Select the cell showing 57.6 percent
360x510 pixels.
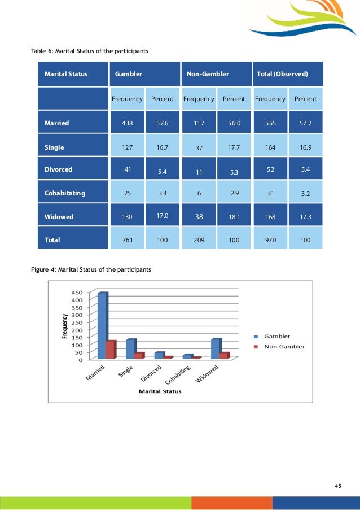point(162,122)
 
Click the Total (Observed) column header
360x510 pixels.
point(282,73)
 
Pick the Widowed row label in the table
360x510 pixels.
point(59,217)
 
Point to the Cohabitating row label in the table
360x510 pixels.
point(65,193)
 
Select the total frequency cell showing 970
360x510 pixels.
point(270,240)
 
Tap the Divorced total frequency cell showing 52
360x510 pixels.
point(270,169)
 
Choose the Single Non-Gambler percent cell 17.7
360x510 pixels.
point(234,147)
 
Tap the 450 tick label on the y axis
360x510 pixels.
point(77,293)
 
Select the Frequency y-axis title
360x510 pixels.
point(65,326)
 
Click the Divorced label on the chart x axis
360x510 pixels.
point(151,374)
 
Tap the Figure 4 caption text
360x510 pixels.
point(91,269)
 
